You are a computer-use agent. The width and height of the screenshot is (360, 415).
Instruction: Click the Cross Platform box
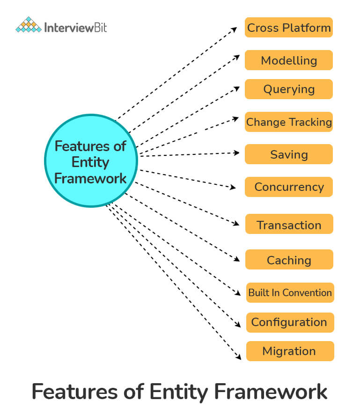click(289, 28)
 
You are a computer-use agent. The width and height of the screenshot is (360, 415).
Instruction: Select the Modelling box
click(289, 60)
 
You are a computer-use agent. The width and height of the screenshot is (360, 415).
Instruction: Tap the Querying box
click(289, 89)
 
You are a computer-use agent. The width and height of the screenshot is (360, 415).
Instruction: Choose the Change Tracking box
click(289, 122)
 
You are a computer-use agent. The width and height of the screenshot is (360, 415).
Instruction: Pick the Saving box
click(289, 154)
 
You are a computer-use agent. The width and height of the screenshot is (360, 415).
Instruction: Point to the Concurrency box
click(289, 187)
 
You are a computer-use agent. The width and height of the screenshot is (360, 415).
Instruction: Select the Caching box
click(289, 260)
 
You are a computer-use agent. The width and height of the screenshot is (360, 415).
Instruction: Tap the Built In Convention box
click(290, 292)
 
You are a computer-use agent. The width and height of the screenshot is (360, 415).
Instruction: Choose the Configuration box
click(289, 322)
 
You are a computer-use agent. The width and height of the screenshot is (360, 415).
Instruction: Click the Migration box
click(289, 351)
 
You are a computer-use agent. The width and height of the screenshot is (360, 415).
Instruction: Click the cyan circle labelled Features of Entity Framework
click(91, 161)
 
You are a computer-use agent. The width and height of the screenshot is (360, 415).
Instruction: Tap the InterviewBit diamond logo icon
click(28, 25)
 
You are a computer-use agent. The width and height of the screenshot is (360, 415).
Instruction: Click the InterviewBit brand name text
click(75, 27)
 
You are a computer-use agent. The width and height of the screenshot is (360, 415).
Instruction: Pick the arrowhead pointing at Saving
click(237, 153)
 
